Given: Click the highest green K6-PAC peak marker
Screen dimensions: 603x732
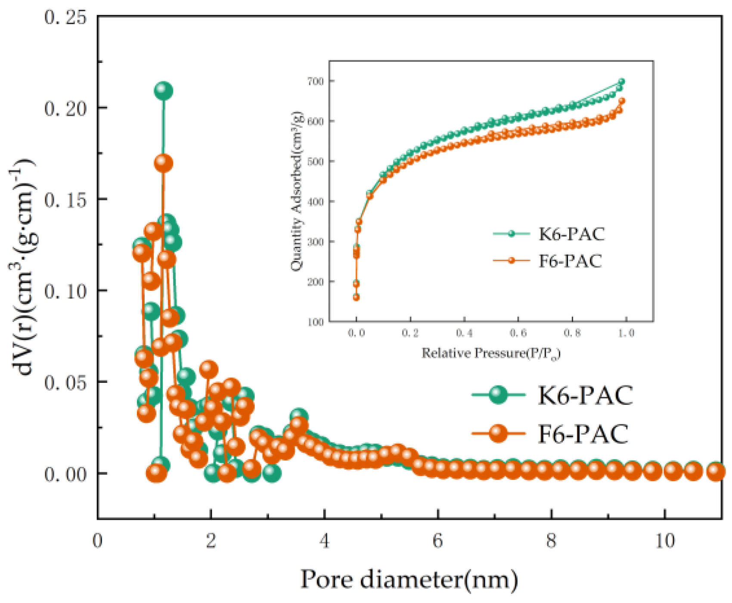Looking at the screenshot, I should (x=163, y=91).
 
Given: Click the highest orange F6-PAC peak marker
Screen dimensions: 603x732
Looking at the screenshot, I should (x=163, y=163).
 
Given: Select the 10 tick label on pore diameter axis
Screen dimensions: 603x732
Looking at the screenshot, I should (x=664, y=541).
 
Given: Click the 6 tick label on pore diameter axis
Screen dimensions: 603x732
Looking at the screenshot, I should (x=437, y=541).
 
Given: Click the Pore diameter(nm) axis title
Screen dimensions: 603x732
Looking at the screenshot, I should (x=409, y=580).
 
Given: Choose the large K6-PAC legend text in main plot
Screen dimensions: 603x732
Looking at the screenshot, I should (x=586, y=395).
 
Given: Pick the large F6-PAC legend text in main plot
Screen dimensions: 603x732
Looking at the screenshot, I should (x=583, y=434).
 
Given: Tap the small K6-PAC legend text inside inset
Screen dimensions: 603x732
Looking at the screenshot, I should (x=572, y=234).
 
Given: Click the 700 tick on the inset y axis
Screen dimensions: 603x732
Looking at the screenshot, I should (x=316, y=81).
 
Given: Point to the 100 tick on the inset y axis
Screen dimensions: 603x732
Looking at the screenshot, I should (x=316, y=322).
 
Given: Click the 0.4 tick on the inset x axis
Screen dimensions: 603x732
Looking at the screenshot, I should (x=464, y=333).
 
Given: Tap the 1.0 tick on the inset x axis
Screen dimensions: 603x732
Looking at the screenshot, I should (x=626, y=333).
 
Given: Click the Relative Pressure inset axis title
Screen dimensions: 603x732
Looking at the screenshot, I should (x=491, y=354).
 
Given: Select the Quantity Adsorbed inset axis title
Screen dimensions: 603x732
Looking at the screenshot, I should (x=297, y=192).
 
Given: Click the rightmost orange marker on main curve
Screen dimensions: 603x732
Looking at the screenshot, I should (x=716, y=472).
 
